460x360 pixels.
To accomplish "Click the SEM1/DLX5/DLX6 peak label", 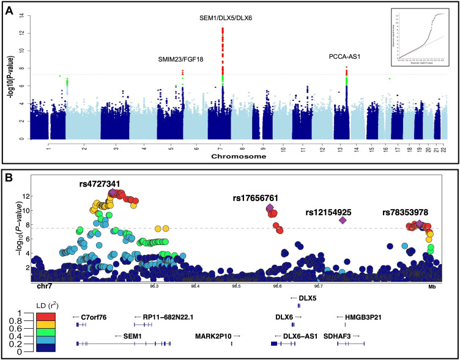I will pos(227,18).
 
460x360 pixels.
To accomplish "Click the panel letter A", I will pos(10,10).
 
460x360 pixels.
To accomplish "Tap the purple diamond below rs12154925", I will pos(343,220).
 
